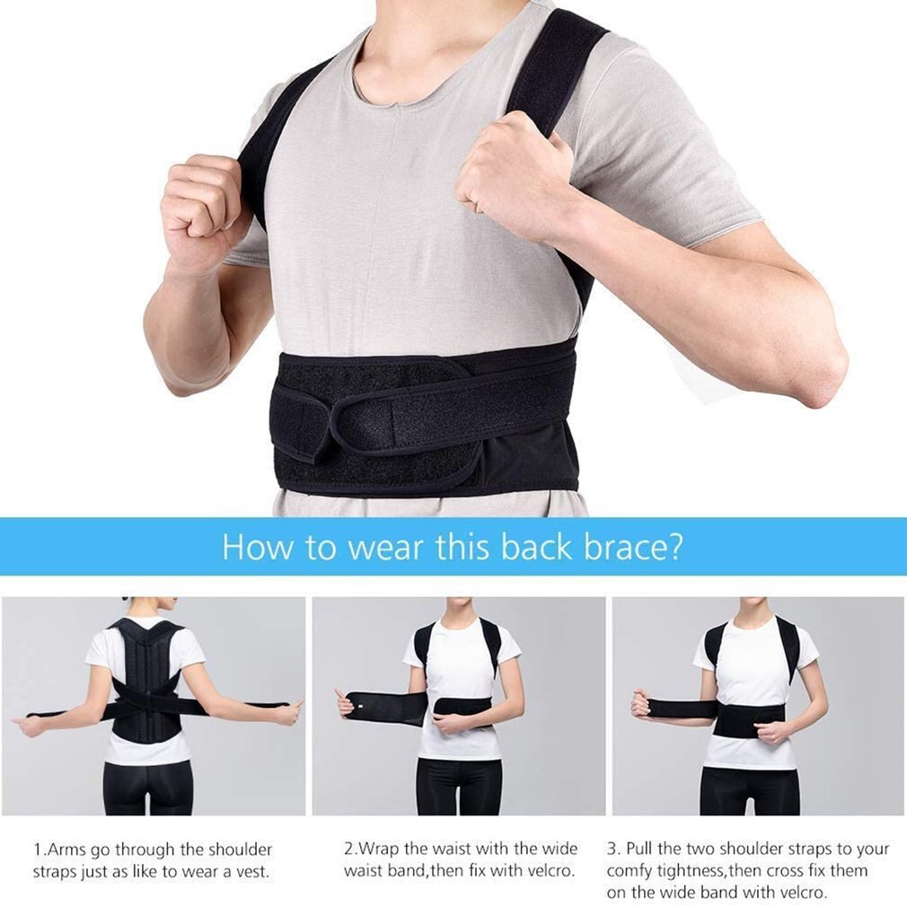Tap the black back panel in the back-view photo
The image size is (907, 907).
(146, 682)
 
